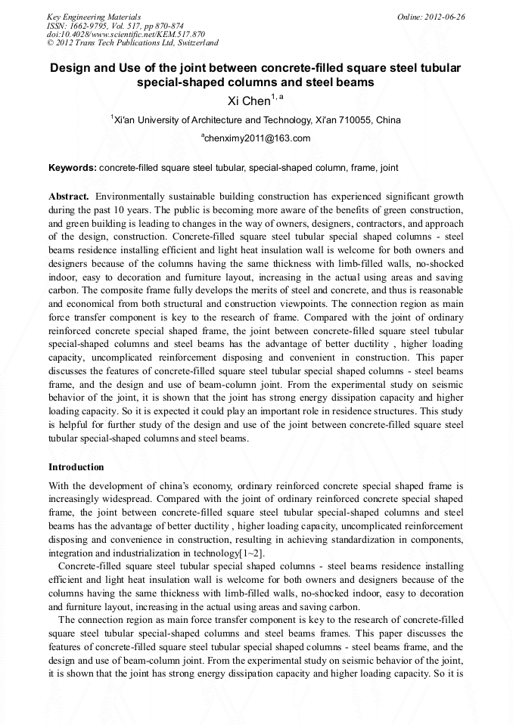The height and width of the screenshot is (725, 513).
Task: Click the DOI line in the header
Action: [126, 34]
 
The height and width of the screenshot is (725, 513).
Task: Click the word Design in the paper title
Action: [70, 68]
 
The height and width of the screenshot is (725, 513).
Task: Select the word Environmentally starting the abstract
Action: [131, 196]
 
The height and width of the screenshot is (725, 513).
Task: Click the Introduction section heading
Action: [76, 467]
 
